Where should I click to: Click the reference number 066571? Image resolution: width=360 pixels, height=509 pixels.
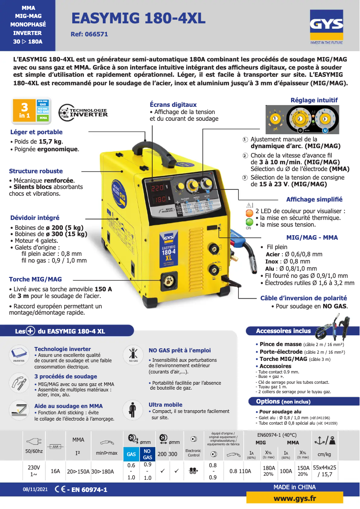point(89,34)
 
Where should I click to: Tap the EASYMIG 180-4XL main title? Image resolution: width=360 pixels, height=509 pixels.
point(139,18)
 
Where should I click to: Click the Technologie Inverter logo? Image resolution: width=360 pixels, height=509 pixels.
point(83,112)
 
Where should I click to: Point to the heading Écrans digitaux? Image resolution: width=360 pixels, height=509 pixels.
point(173,105)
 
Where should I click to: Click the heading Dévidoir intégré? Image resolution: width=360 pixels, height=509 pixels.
point(34,218)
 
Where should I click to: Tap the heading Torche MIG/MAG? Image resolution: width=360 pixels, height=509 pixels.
point(35,279)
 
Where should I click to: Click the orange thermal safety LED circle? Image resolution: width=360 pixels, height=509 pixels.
point(249,213)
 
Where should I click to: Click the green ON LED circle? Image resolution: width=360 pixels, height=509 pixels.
point(249,222)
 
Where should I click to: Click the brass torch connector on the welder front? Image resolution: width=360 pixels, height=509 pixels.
point(171,282)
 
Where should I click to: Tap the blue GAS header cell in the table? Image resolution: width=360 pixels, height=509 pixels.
point(131,454)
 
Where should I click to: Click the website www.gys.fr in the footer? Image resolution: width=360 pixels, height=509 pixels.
point(294,499)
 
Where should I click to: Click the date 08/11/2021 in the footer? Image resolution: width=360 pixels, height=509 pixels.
point(35,490)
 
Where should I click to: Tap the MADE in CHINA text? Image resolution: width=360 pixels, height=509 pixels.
point(294,487)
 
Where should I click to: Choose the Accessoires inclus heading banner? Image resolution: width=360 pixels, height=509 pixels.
point(283,331)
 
